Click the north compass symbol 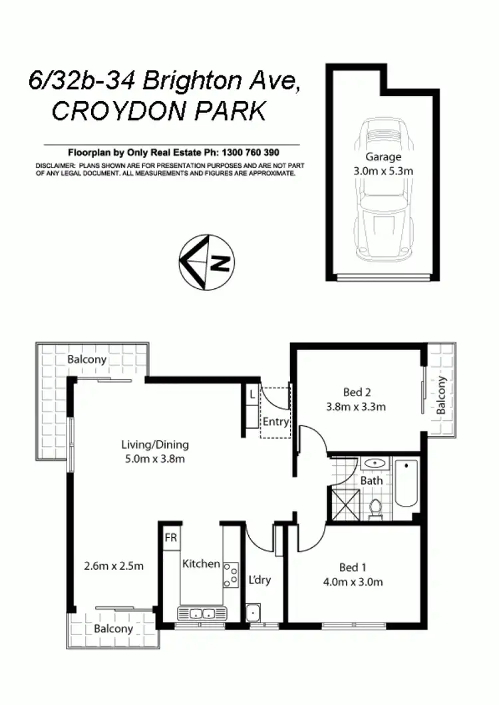click(206, 262)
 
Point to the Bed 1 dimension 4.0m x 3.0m click(352, 583)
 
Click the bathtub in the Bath click(405, 491)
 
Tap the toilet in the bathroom click(374, 507)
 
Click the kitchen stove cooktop click(232, 575)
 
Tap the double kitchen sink click(198, 614)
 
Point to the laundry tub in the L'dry click(253, 612)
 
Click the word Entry click(275, 421)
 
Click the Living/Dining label click(155, 444)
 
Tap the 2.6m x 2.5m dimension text click(114, 567)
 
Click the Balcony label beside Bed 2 click(441, 395)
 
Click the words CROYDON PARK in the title click(159, 111)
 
